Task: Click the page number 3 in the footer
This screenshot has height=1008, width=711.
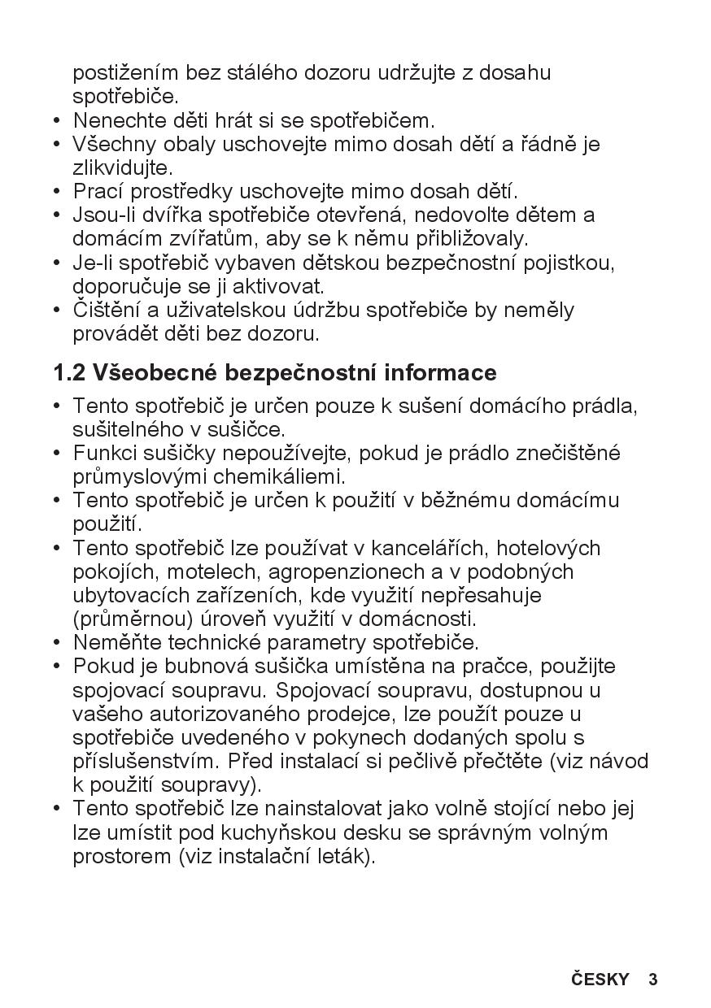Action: pyautogui.click(x=652, y=979)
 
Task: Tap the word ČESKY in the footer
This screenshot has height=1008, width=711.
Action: pyautogui.click(x=600, y=979)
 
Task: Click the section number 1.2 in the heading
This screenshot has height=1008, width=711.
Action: pyautogui.click(x=69, y=373)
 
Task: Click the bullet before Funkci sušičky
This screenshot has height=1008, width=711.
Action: pyautogui.click(x=57, y=453)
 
